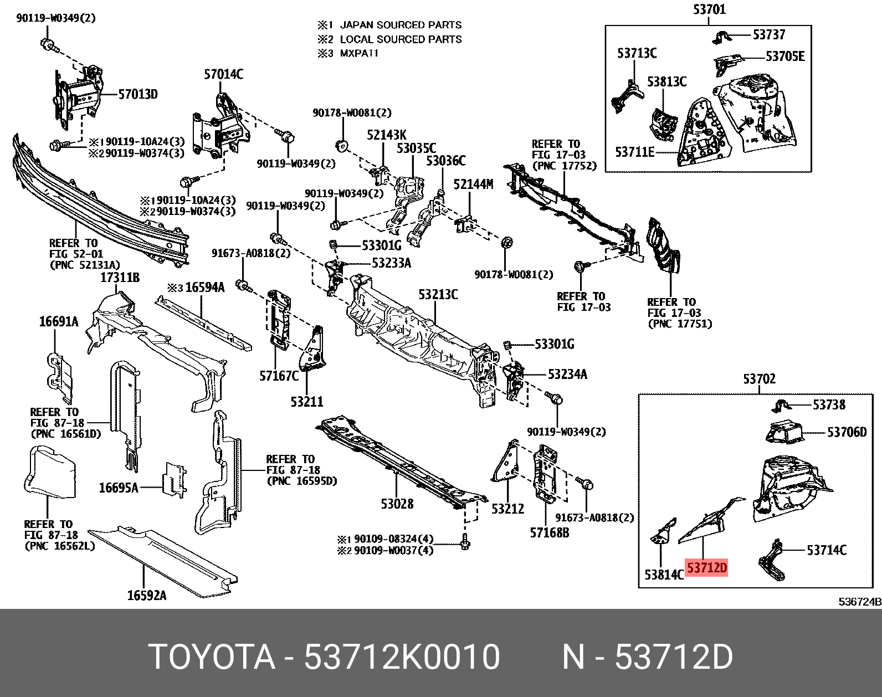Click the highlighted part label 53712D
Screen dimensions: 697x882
point(706,568)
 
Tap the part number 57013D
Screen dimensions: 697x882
point(138,95)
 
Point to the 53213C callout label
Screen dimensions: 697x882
point(438,294)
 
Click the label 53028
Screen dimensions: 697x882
point(397,504)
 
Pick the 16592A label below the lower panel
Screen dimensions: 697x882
point(146,595)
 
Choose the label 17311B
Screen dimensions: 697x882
point(120,277)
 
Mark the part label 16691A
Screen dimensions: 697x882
point(59,321)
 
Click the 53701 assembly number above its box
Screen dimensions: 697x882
point(709,9)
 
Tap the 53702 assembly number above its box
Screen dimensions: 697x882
point(759,379)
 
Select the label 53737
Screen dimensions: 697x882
point(769,35)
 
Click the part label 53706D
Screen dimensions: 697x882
point(847,432)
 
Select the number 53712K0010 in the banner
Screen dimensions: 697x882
point(402,658)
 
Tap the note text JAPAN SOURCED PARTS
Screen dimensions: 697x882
point(400,25)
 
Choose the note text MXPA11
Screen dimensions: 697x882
point(358,54)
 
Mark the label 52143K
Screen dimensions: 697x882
point(386,135)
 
